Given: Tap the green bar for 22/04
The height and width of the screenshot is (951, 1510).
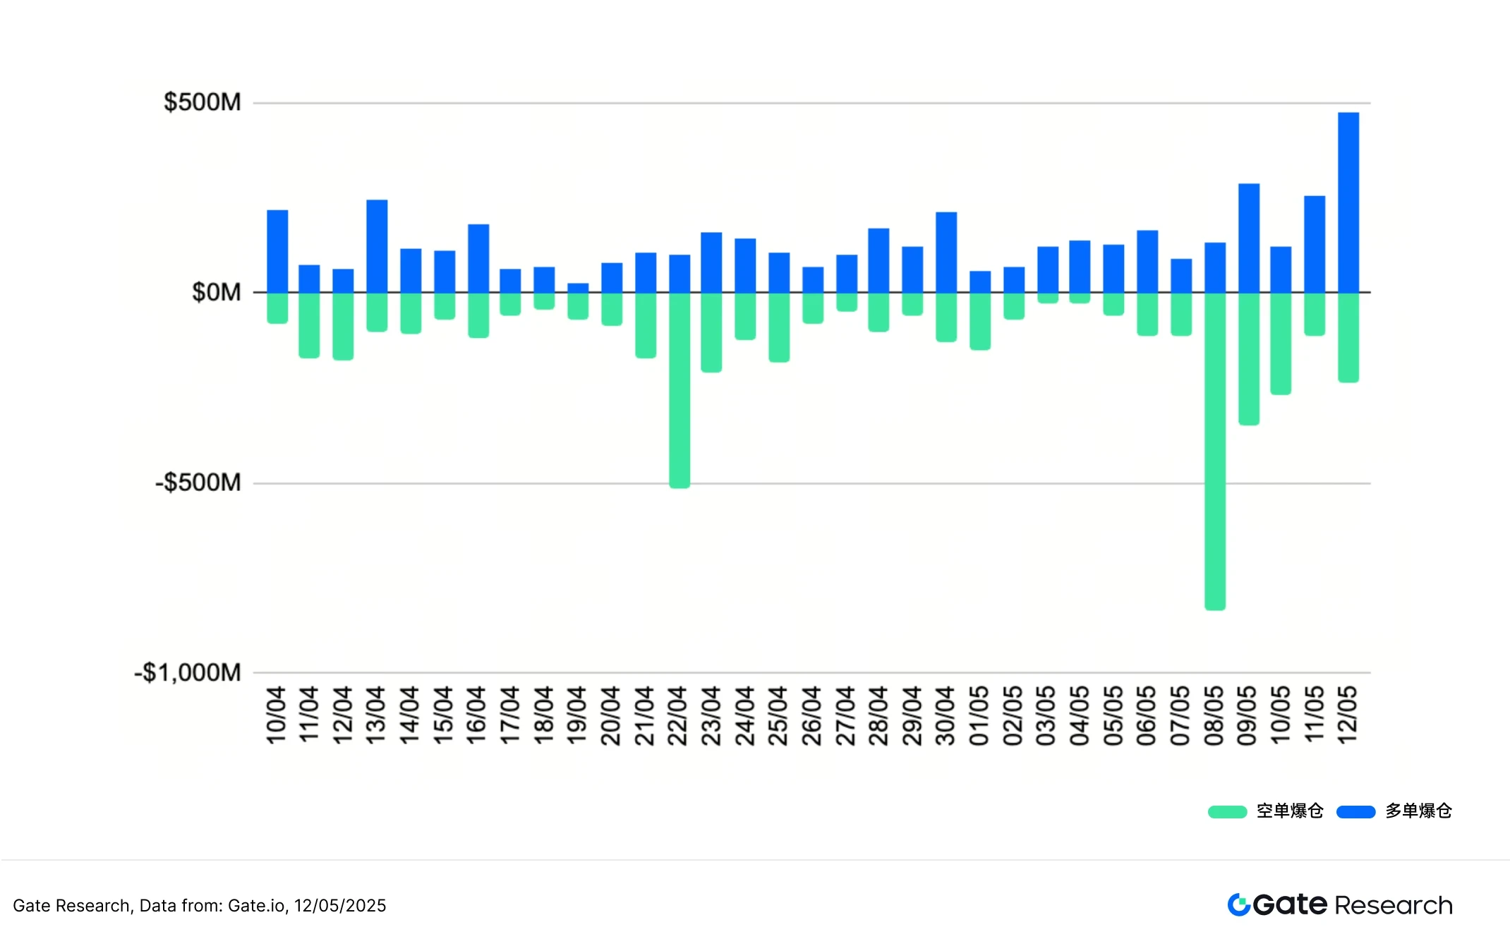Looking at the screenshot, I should pyautogui.click(x=679, y=389).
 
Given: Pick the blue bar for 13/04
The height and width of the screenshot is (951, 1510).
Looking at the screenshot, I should pyautogui.click(x=377, y=246).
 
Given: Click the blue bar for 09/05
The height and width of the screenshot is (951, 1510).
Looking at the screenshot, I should pyautogui.click(x=1248, y=238).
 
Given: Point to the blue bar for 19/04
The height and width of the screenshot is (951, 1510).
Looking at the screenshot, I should pyautogui.click(x=578, y=288).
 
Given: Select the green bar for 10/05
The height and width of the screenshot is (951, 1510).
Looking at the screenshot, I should pyautogui.click(x=1281, y=343).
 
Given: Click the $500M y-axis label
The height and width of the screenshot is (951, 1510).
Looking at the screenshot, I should pyautogui.click(x=203, y=102).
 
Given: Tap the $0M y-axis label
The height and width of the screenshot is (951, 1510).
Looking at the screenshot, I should pyautogui.click(x=217, y=292).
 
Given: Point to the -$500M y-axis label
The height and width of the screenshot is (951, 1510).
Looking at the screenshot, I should pyautogui.click(x=198, y=483).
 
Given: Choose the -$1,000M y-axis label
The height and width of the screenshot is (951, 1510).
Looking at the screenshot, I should pyautogui.click(x=188, y=672).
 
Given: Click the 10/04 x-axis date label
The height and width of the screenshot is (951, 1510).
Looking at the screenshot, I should pyautogui.click(x=276, y=715).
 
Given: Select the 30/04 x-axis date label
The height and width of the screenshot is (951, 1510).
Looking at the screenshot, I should pyautogui.click(x=946, y=715).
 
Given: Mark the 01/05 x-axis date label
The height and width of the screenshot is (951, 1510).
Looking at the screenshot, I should pyautogui.click(x=979, y=715).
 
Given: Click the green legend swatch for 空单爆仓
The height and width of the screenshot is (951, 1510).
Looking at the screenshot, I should pyautogui.click(x=1227, y=811).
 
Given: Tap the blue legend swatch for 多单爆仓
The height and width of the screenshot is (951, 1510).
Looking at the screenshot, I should pyautogui.click(x=1355, y=811).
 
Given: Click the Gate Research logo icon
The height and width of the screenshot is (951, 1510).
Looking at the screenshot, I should pyautogui.click(x=1238, y=904).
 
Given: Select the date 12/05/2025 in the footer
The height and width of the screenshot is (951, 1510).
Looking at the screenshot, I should pyautogui.click(x=340, y=906).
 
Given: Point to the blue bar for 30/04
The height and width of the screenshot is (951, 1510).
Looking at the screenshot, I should pyautogui.click(x=946, y=252).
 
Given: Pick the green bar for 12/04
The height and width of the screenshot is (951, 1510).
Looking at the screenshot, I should pyautogui.click(x=343, y=326).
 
